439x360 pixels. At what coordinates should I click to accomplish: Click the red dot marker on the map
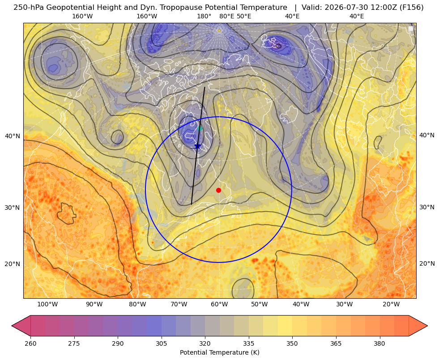[219, 190]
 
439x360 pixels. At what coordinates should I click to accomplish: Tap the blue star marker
[198, 146]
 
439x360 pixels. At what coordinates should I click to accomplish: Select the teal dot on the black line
[200, 128]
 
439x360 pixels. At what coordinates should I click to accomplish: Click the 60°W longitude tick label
[219, 304]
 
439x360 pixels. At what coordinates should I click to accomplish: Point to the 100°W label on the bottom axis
[47, 304]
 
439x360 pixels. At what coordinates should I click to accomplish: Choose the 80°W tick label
[137, 304]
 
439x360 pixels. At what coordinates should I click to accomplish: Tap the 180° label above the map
[204, 16]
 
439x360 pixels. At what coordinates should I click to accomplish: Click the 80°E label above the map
[227, 16]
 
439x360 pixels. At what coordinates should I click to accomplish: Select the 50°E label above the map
[244, 16]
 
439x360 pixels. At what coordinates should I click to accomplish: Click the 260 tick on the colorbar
[30, 343]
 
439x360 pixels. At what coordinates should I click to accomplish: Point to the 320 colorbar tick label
[205, 343]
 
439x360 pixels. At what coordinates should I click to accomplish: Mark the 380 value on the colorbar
[379, 343]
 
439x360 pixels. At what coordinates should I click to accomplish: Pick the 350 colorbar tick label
[292, 343]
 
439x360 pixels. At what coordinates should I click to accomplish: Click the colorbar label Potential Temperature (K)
[219, 352]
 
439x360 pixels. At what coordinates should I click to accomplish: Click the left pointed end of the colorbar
[12, 326]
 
